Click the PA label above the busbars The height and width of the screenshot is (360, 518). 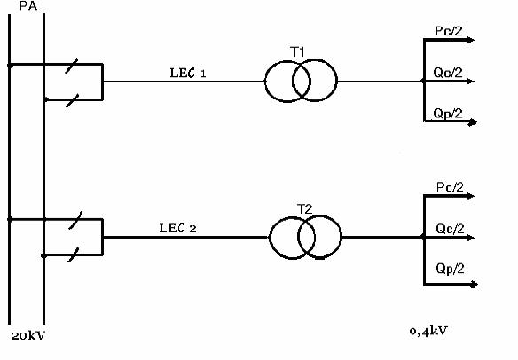coord(28,5)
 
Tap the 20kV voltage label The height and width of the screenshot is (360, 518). coord(27,335)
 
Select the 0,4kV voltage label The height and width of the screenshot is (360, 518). coord(428,331)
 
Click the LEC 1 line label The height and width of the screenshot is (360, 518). coord(188,73)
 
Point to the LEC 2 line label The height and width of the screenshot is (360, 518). coord(177,228)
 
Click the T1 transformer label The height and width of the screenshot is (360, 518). coord(297,51)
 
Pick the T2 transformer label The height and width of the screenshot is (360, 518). coord(304,209)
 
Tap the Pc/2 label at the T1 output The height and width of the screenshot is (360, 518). coord(449,31)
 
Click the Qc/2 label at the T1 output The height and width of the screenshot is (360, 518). coord(448,73)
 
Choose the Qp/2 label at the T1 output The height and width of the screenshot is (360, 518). coord(448,113)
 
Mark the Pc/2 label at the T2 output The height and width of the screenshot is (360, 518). coord(450,187)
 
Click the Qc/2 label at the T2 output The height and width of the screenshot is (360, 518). coord(450,229)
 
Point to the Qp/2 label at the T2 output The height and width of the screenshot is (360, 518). coord(450,268)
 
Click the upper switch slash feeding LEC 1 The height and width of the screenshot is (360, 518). coord(71,66)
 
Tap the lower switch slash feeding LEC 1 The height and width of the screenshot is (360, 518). coord(73,101)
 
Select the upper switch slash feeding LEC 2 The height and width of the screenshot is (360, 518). coord(75,220)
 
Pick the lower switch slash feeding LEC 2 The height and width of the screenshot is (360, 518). coord(74,254)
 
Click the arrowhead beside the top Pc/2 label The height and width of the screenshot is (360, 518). coord(470,40)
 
